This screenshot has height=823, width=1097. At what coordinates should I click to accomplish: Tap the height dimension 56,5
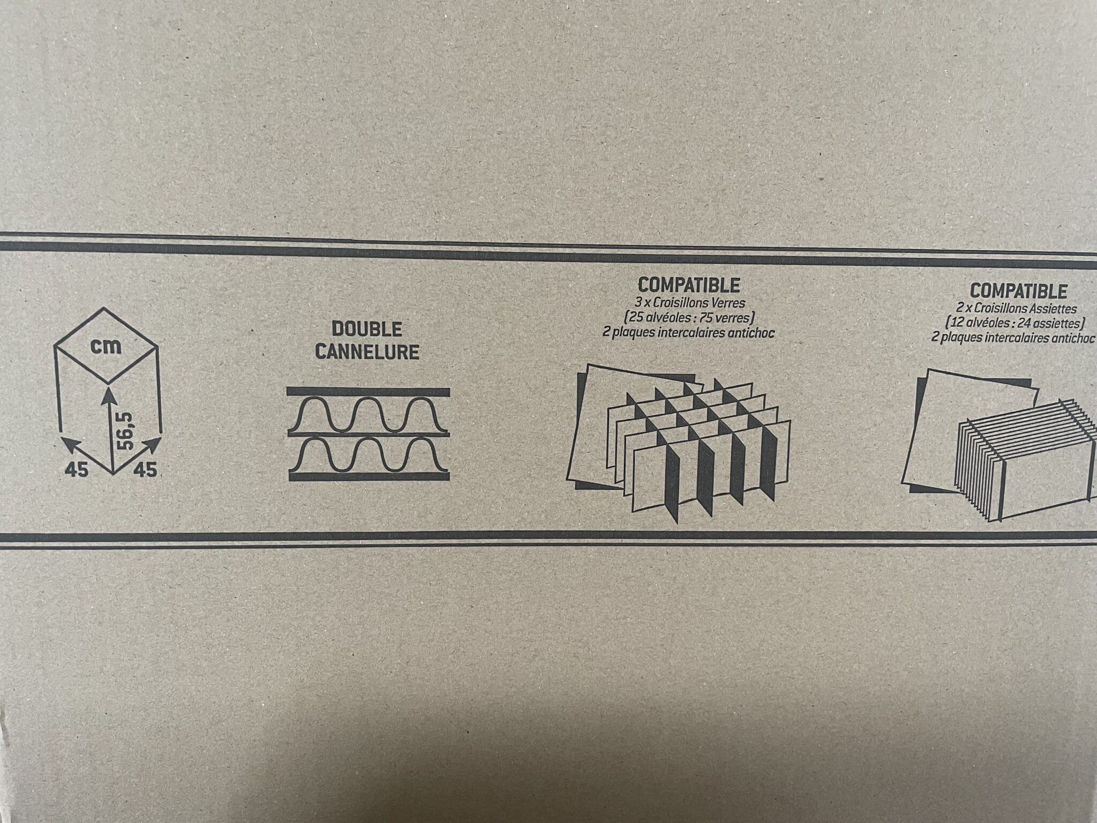124,431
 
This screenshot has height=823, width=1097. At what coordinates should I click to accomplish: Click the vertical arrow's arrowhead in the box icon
109,396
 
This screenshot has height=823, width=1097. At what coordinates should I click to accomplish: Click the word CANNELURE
367,353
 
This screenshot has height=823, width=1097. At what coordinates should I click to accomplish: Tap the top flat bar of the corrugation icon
368,392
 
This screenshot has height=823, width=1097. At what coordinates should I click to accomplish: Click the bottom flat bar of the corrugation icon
369,476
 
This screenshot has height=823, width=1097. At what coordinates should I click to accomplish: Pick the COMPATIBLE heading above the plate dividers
1018,291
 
